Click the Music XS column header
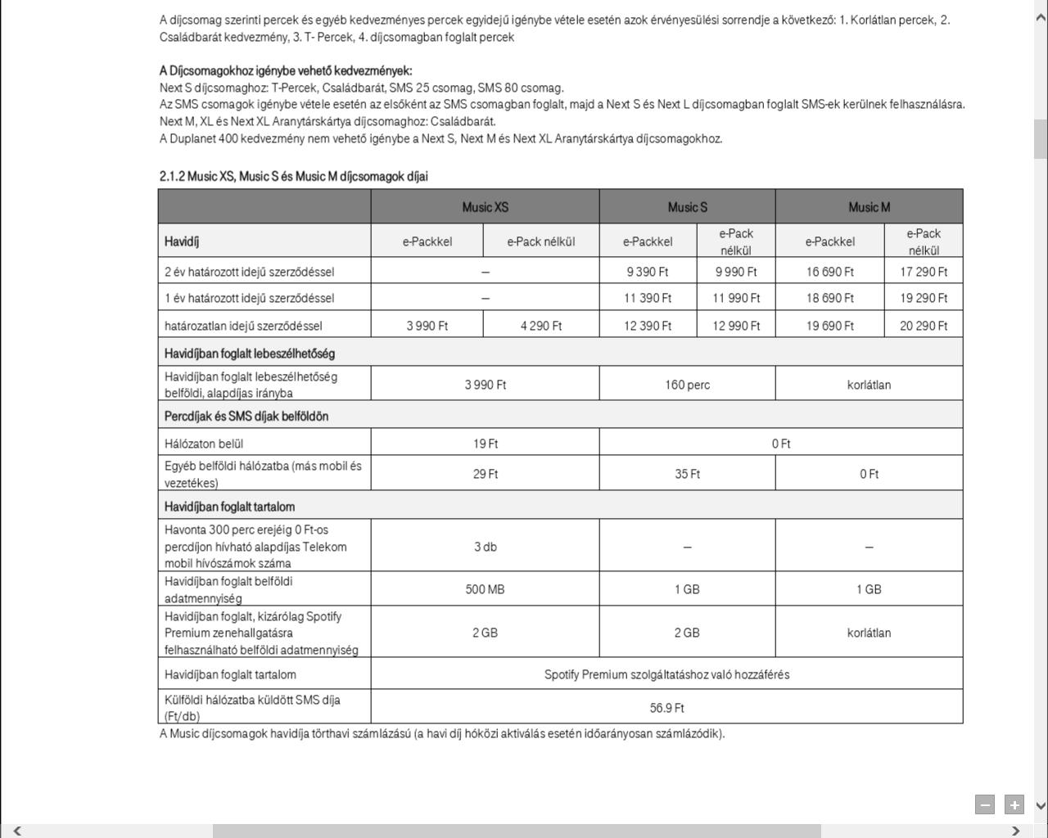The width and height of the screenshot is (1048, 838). (485, 207)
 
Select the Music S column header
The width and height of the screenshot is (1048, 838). (687, 207)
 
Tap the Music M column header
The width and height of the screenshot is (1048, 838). (869, 207)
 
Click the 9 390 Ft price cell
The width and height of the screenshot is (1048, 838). (647, 272)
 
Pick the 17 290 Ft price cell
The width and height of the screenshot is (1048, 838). (924, 272)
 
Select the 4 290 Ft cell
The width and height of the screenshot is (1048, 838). (540, 326)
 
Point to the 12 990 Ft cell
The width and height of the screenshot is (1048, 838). (736, 326)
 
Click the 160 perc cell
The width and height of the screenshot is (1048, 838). (687, 385)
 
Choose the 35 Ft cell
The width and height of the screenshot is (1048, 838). (687, 474)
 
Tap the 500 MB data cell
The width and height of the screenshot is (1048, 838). (485, 589)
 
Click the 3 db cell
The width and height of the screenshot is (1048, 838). (485, 547)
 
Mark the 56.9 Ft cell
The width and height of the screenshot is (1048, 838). (666, 708)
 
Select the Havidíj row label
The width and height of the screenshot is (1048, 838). (182, 241)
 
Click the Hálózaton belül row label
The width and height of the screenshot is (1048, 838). (204, 444)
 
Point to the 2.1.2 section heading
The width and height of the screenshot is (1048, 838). (293, 176)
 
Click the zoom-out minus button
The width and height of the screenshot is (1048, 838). (985, 804)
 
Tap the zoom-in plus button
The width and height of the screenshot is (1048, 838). (1014, 804)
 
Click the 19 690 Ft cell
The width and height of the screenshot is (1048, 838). (829, 326)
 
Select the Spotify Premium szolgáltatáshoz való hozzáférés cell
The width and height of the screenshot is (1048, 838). (666, 674)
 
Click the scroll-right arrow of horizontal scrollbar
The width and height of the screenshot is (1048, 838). (1016, 831)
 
